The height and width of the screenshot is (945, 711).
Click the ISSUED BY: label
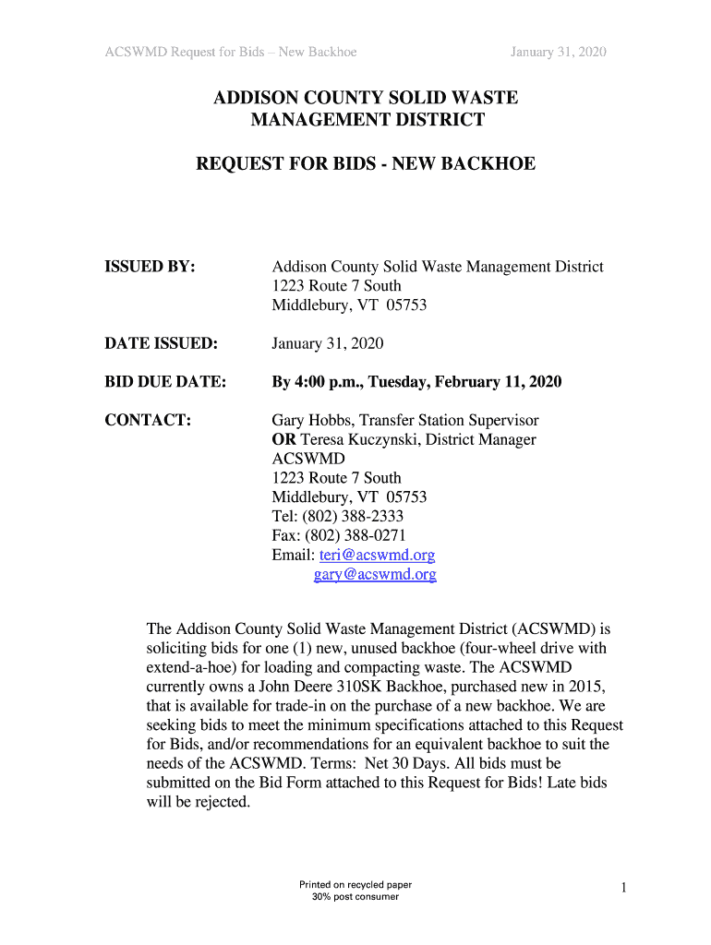tap(150, 267)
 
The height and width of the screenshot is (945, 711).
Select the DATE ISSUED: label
tap(161, 344)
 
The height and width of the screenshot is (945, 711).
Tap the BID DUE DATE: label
tap(165, 382)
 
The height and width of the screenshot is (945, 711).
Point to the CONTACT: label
tap(148, 420)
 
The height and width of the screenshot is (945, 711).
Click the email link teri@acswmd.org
tap(377, 556)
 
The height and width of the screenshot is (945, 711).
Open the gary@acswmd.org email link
tap(375, 574)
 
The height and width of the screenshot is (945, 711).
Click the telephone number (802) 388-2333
tap(353, 517)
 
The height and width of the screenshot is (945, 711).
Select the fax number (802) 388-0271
tap(355, 536)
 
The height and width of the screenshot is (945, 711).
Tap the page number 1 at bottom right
tap(624, 888)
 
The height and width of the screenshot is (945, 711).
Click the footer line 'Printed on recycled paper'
tap(355, 885)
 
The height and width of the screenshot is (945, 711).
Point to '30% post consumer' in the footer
tap(355, 897)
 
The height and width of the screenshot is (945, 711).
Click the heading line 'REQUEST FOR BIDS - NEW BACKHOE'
tap(366, 164)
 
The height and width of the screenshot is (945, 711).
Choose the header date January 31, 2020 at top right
tap(559, 52)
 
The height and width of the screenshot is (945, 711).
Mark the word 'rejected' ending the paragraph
tap(222, 802)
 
